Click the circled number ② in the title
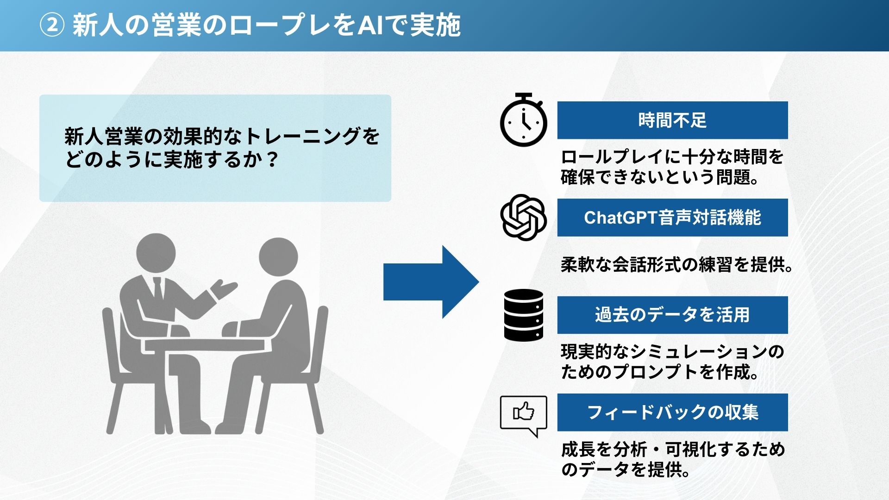coord(51,25)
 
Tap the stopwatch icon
coord(524,120)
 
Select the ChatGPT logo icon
coord(524,217)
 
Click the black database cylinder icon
coord(524,315)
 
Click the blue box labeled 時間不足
coord(672,120)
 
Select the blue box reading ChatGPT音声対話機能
coord(672,218)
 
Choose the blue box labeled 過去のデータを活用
coord(672,315)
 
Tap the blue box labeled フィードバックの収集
coord(672,412)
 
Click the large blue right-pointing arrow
coord(431,282)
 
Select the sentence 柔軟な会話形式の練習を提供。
coord(677,265)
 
